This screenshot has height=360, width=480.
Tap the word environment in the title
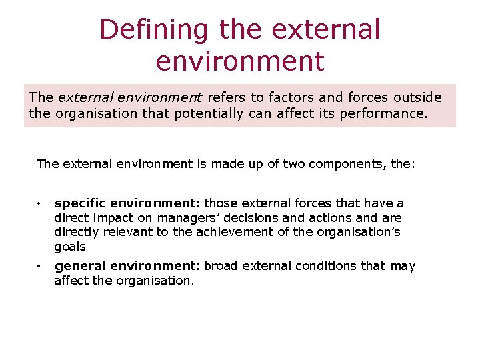pyautogui.click(x=240, y=61)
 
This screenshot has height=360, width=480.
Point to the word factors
pyautogui.click(x=290, y=97)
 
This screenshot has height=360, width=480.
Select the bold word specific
pyautogui.click(x=79, y=203)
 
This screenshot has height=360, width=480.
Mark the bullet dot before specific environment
pyautogui.click(x=40, y=203)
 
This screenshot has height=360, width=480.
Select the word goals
pyautogui.click(x=70, y=247)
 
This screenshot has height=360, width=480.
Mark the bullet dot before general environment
pyautogui.click(x=40, y=267)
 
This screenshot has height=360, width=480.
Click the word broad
pyautogui.click(x=221, y=266)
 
